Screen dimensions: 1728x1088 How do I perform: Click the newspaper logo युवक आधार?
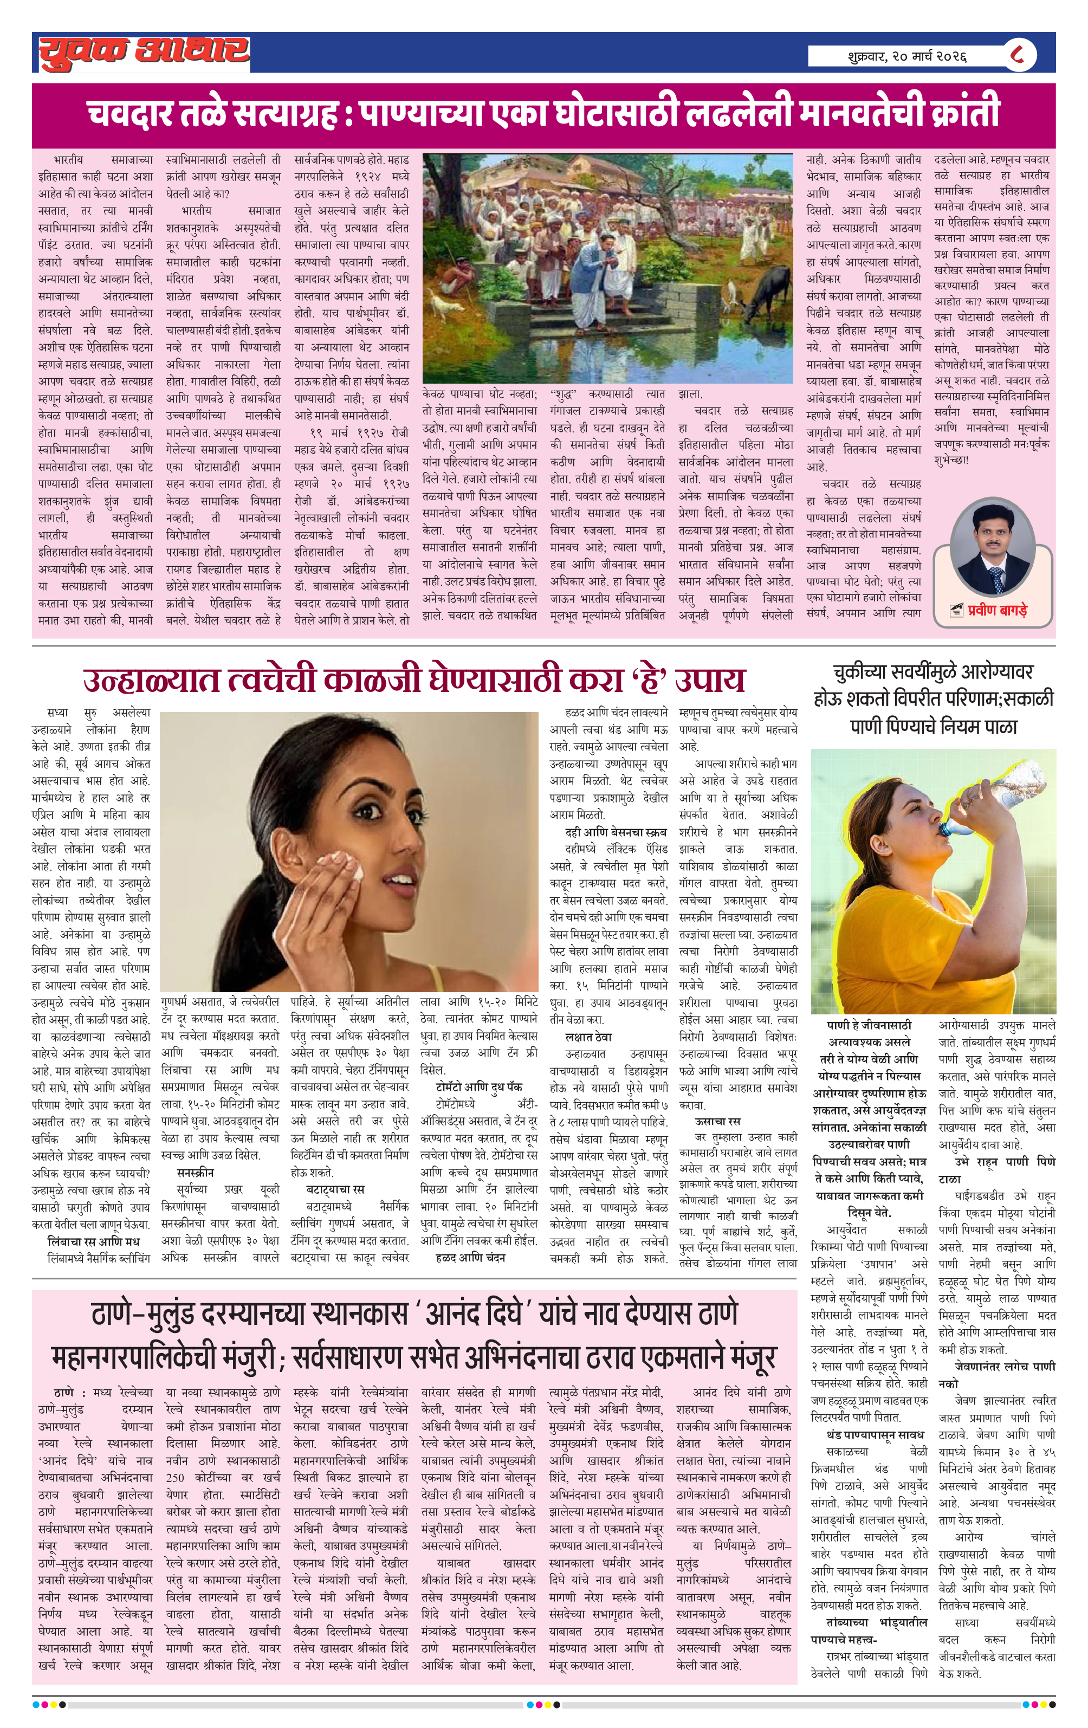point(144,51)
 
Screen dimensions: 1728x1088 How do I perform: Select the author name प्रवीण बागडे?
point(997,611)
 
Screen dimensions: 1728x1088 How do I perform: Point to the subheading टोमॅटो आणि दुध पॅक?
point(478,1086)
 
